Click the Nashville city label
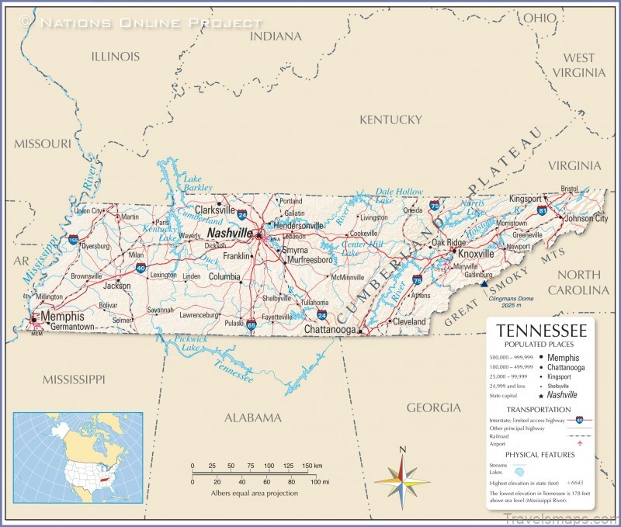[x=229, y=233]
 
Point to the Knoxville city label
[x=476, y=254]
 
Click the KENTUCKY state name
[x=390, y=120]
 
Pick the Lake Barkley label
[x=197, y=183]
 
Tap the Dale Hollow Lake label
[x=399, y=196]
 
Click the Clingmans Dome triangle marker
[x=484, y=284]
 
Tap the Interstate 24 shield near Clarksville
[x=243, y=213]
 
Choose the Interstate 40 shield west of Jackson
[x=140, y=268]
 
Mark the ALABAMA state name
[x=252, y=418]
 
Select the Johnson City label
[x=585, y=219]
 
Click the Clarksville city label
[x=215, y=210]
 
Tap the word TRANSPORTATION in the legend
[x=539, y=409]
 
